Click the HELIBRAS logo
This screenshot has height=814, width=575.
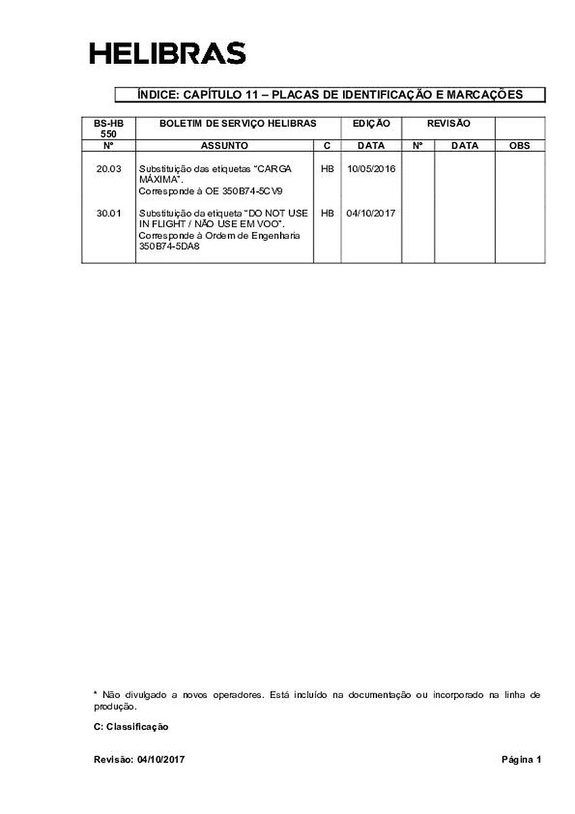pos(167,53)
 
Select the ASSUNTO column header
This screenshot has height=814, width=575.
pos(224,146)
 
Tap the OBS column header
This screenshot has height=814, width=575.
pos(519,146)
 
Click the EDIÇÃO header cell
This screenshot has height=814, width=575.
pos(371,123)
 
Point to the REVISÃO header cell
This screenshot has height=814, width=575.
pos(448,123)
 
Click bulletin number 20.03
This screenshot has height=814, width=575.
pos(108,168)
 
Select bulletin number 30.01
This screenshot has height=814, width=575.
pos(108,213)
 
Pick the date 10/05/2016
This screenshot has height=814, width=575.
pos(371,168)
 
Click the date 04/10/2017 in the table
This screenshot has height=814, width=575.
pos(371,213)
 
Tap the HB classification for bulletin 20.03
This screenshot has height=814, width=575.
pos(327,168)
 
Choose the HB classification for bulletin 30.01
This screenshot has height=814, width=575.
pos(327,213)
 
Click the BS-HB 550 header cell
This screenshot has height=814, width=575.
pos(108,128)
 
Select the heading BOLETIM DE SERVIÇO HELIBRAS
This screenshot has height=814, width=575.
pos(237,123)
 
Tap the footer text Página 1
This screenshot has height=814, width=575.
pos(521,760)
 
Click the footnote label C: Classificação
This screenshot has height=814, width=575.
pos(131,726)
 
